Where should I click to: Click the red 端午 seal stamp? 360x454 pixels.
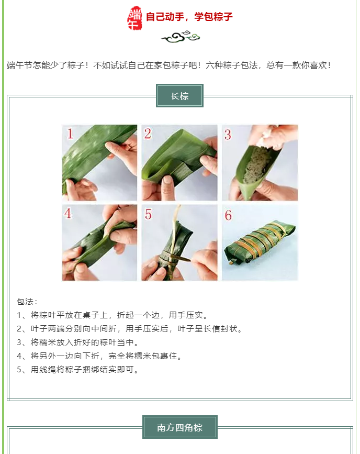pyautogui.click(x=135, y=18)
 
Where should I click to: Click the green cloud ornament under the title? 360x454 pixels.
pyautogui.click(x=181, y=37)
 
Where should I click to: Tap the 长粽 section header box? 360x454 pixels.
pyautogui.click(x=179, y=96)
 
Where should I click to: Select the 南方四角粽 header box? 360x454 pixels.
pyautogui.click(x=179, y=427)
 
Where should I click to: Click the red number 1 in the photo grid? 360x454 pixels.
pyautogui.click(x=70, y=134)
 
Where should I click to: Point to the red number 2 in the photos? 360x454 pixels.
pyautogui.click(x=148, y=134)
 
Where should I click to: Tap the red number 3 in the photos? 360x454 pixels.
pyautogui.click(x=228, y=135)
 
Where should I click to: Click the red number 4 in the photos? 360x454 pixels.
pyautogui.click(x=67, y=214)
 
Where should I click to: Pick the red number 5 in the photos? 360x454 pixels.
pyautogui.click(x=148, y=215)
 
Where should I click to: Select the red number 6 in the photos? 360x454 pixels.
pyautogui.click(x=228, y=215)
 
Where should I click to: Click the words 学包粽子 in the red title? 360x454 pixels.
pyautogui.click(x=213, y=17)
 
